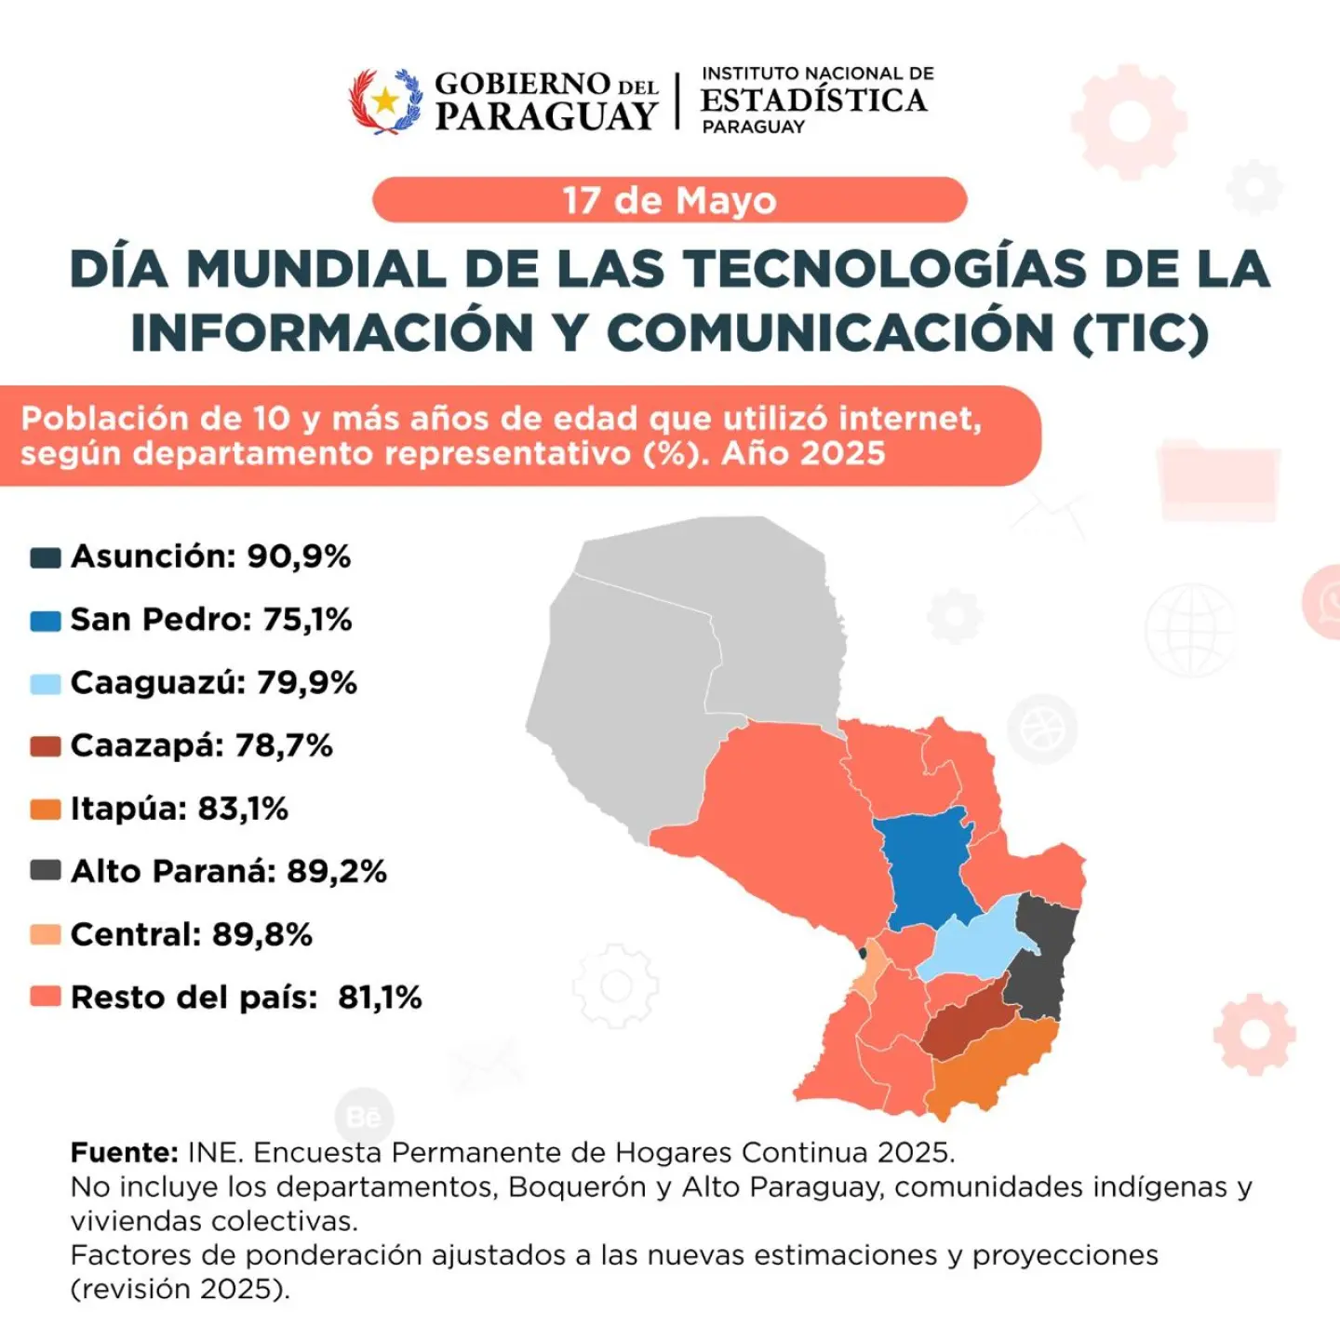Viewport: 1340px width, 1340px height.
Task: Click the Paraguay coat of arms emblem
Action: (385, 101)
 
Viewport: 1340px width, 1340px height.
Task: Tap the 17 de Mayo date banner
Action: (670, 200)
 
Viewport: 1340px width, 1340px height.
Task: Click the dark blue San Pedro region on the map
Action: (930, 868)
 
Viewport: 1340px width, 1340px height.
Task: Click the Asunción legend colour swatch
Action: (46, 557)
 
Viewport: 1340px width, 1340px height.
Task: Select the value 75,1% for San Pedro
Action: (307, 620)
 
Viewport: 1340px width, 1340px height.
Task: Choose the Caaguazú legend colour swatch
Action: (46, 684)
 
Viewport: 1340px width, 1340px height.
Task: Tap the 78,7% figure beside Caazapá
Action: (284, 746)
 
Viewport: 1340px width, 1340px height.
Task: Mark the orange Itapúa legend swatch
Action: (46, 811)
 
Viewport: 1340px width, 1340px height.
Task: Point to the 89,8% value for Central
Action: (262, 934)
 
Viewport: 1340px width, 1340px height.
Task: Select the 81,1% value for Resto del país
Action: (380, 998)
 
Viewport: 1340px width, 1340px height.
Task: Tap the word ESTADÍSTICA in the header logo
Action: (813, 100)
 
